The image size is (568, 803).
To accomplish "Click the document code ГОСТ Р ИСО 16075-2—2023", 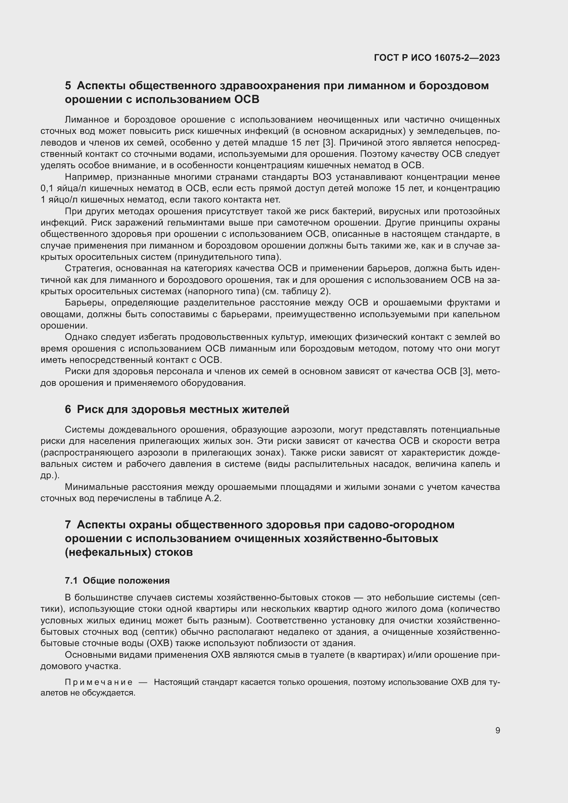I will tap(436, 58).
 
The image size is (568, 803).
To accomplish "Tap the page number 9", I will tap(497, 730).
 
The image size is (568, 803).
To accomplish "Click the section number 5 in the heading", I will tap(68, 86).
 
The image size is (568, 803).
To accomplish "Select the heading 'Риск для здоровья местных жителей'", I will tap(183, 409).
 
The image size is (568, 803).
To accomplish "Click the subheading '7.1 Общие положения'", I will tap(117, 581).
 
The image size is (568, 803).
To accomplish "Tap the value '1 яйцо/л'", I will tap(59, 200).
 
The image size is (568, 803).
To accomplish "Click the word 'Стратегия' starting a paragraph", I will tap(88, 268).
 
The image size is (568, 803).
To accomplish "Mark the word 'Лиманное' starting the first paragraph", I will tap(87, 120).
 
